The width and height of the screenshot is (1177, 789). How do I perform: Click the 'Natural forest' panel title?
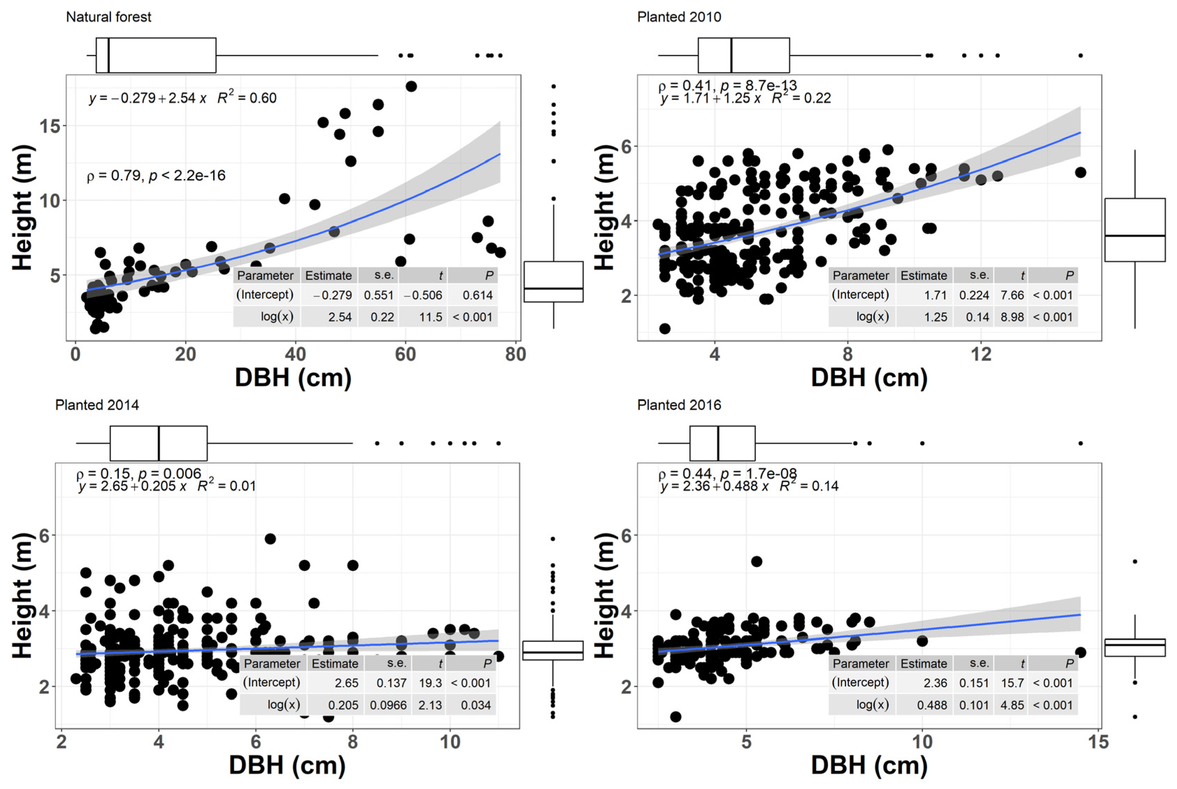tap(108, 17)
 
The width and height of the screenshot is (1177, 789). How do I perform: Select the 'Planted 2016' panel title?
tap(679, 405)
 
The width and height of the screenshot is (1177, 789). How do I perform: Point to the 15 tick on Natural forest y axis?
tap(50, 126)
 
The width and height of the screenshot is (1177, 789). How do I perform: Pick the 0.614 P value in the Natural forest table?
tap(477, 295)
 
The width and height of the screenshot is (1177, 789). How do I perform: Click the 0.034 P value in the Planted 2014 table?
tap(475, 705)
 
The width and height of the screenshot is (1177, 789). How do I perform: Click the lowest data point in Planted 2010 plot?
tap(665, 329)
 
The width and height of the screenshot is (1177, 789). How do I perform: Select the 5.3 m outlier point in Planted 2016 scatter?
tap(756, 562)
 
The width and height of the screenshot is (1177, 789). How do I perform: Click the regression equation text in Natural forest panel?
tap(183, 97)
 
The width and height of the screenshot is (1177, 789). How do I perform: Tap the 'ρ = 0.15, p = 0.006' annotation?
tap(138, 474)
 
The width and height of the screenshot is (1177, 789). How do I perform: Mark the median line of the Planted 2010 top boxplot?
tap(731, 55)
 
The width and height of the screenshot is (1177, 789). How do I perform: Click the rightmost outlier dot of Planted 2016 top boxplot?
tap(1080, 443)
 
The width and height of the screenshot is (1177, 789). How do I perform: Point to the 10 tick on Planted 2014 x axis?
tap(449, 742)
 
